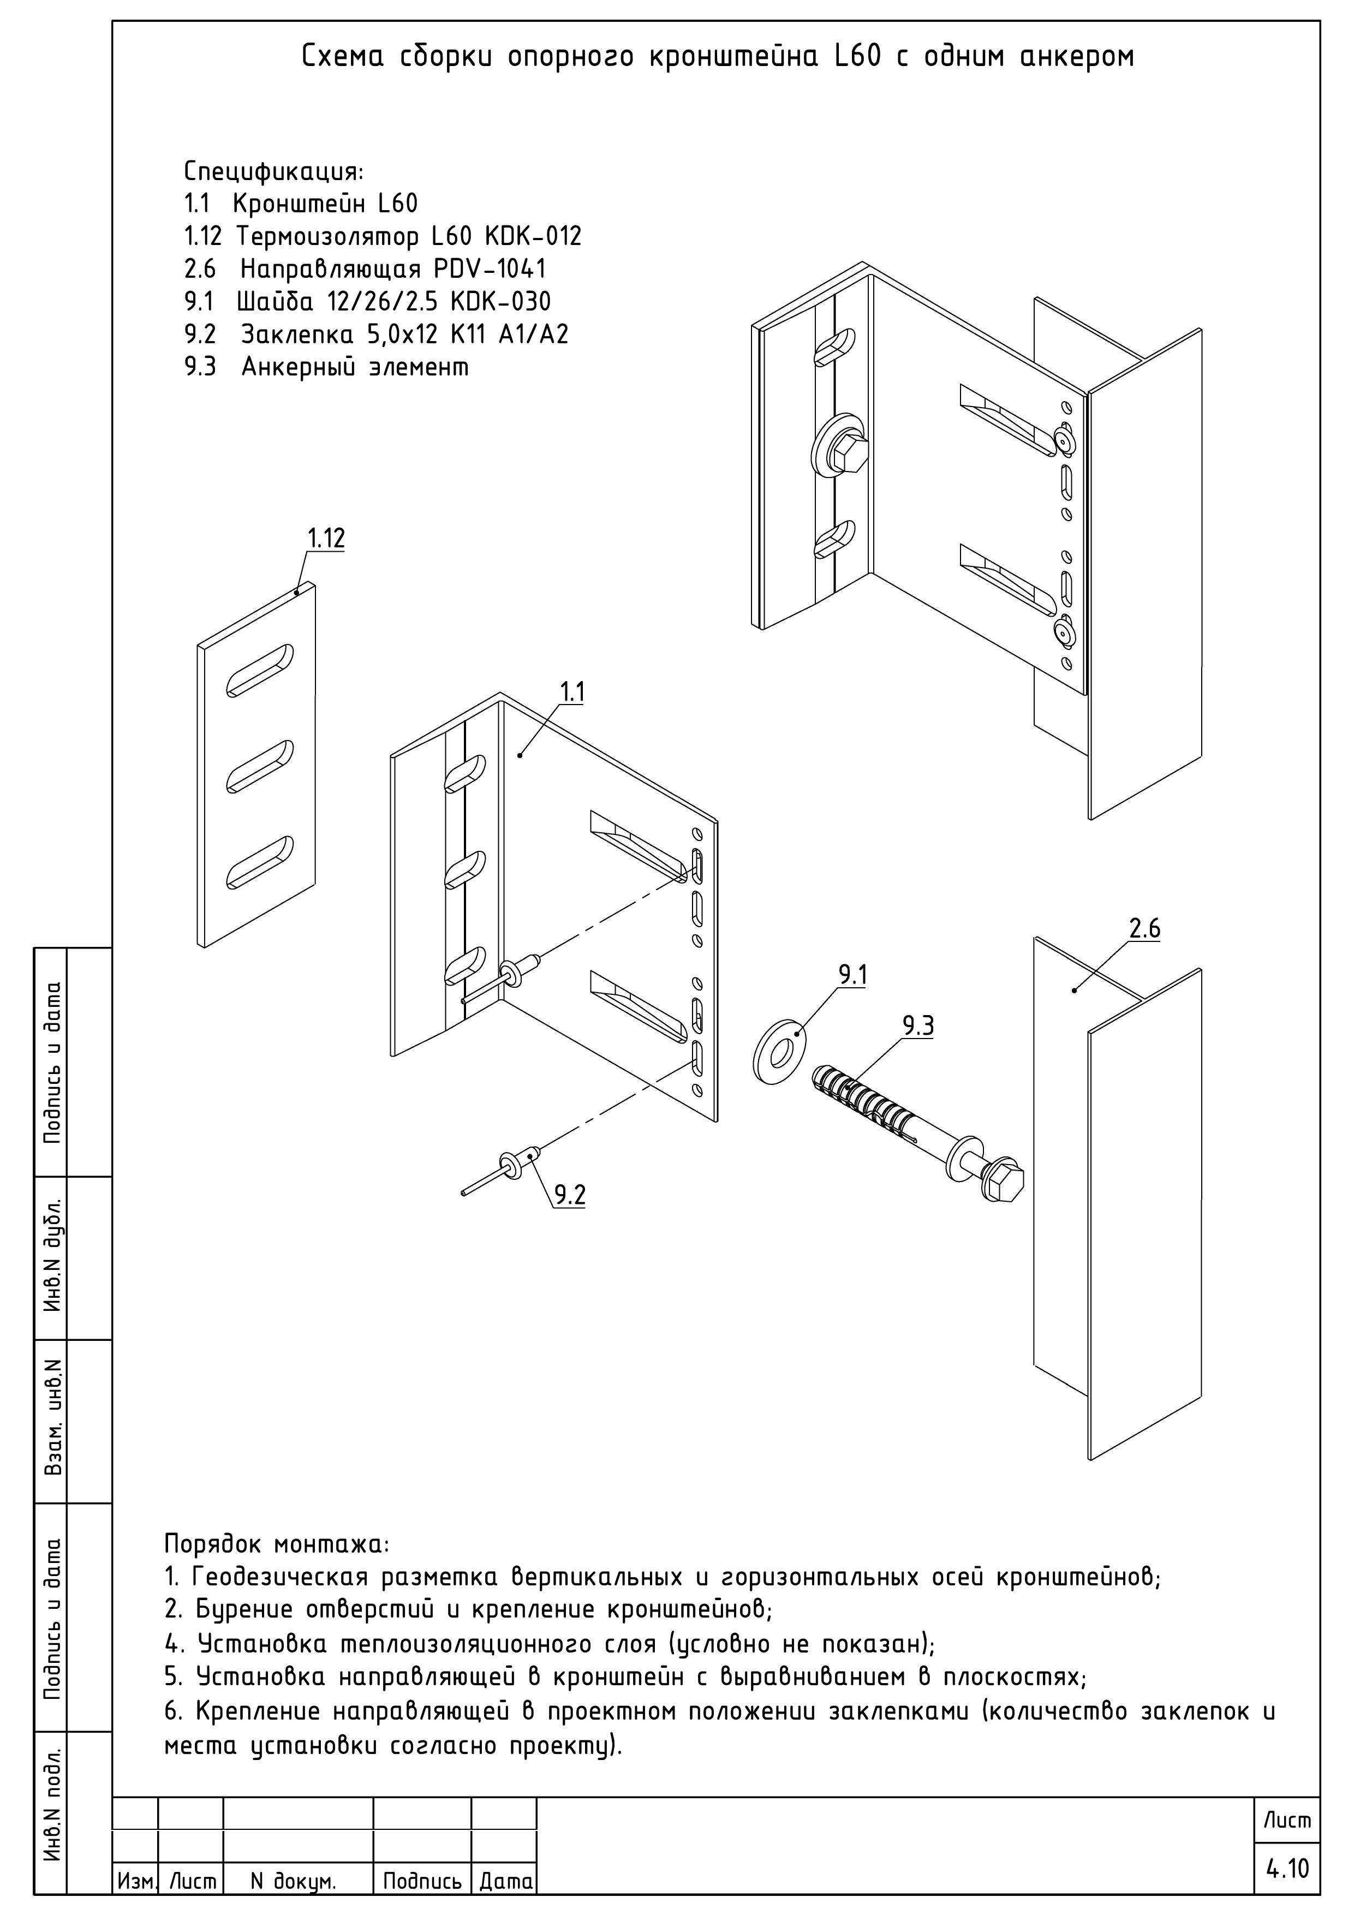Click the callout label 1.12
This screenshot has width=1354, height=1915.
click(x=325, y=538)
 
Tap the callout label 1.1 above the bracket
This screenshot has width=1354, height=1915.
click(x=572, y=692)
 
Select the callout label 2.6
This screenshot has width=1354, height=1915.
click(x=1144, y=928)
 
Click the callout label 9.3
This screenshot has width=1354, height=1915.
click(x=918, y=1026)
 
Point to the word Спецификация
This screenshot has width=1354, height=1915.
click(x=273, y=172)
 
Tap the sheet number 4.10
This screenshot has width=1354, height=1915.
click(x=1288, y=1868)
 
